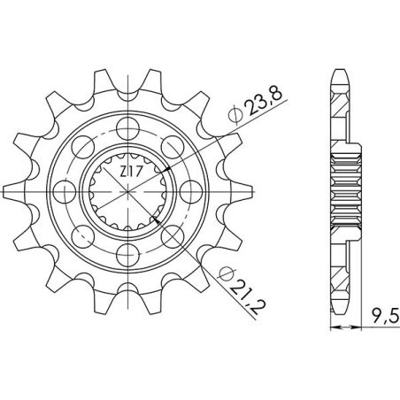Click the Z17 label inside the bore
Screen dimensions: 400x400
click(127, 171)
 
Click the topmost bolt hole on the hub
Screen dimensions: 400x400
click(125, 122)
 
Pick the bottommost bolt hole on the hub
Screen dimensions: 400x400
click(125, 258)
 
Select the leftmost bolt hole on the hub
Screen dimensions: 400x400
click(58, 190)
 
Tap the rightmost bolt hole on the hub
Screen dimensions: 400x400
click(193, 190)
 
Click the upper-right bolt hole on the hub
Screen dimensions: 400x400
click(173, 142)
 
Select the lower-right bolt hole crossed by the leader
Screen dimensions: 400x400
click(173, 237)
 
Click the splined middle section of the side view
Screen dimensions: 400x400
click(347, 190)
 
